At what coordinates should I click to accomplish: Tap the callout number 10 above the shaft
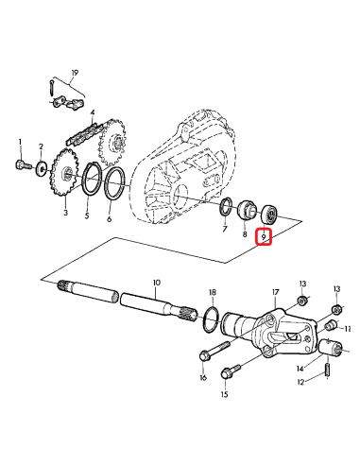pos(157,282)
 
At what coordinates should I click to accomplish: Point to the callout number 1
pos(19,142)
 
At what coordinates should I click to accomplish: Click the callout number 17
pos(276,292)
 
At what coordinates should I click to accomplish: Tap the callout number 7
pos(223,230)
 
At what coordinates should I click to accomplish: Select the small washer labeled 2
pos(42,169)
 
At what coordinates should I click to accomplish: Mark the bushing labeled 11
pos(332,327)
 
